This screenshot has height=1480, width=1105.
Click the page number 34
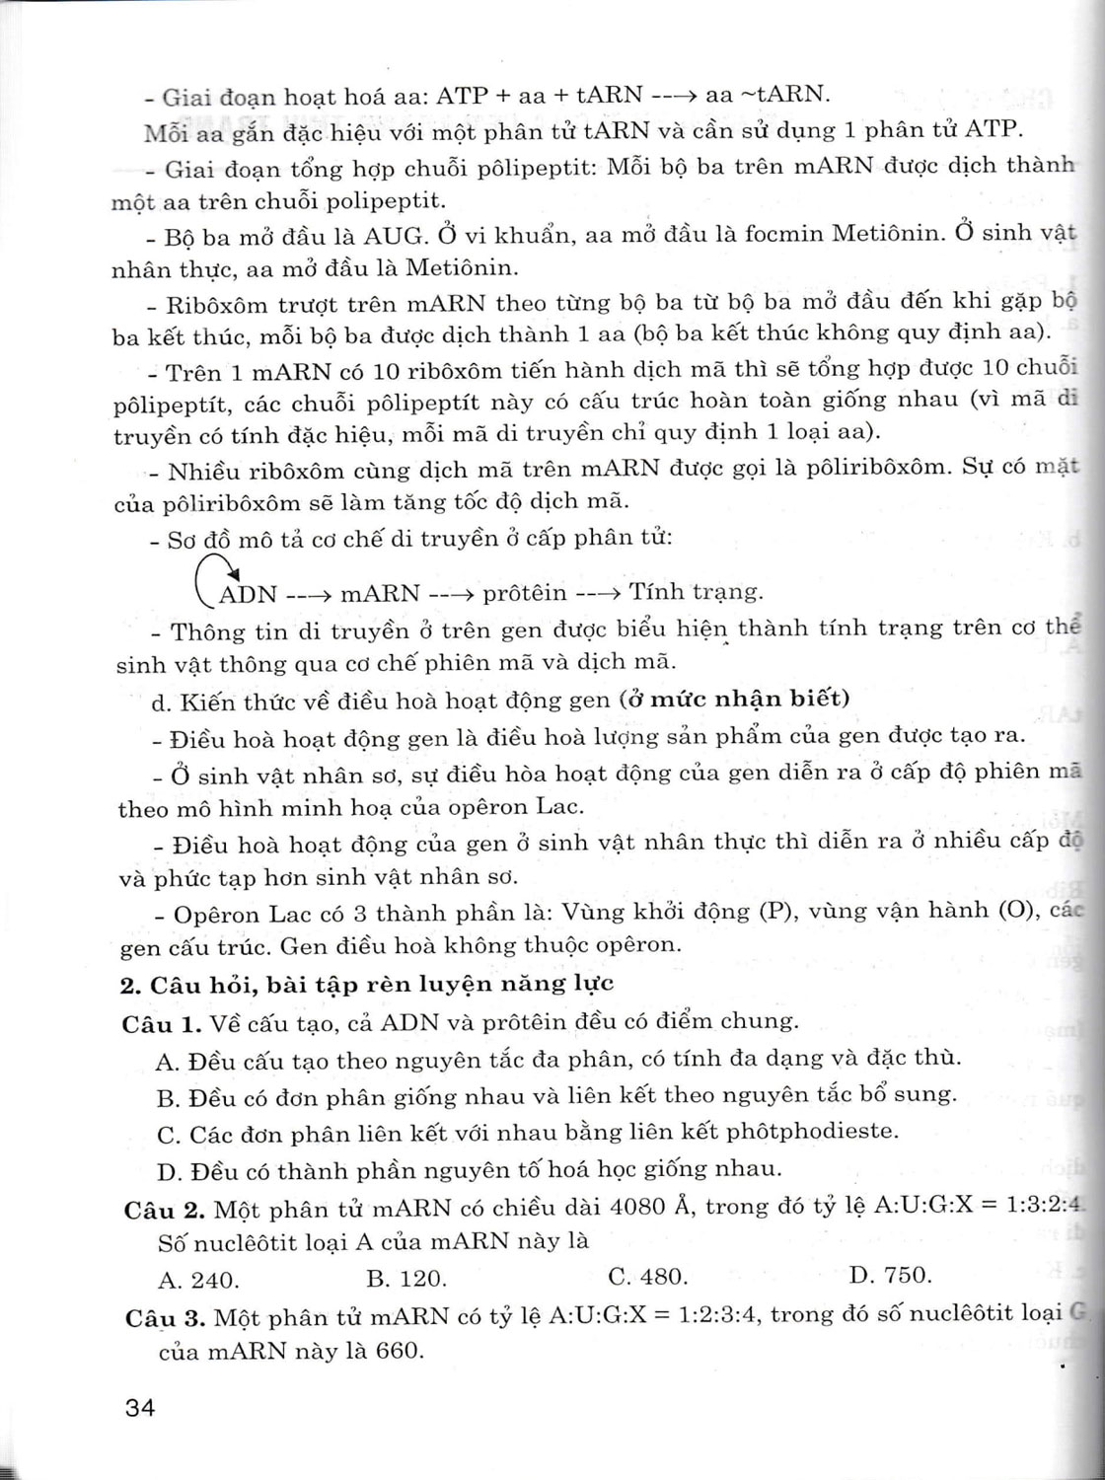(140, 1407)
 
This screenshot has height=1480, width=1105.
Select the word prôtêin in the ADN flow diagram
(525, 593)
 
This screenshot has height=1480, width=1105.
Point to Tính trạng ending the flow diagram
(696, 591)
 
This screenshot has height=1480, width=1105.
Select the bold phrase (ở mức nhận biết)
(734, 699)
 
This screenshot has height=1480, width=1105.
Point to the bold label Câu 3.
(165, 1318)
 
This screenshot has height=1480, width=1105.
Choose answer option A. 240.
(198, 1281)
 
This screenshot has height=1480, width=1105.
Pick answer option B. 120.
(406, 1279)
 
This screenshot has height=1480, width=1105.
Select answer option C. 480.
(647, 1277)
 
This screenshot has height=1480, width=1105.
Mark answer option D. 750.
(890, 1275)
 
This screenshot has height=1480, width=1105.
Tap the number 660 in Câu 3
(398, 1351)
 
